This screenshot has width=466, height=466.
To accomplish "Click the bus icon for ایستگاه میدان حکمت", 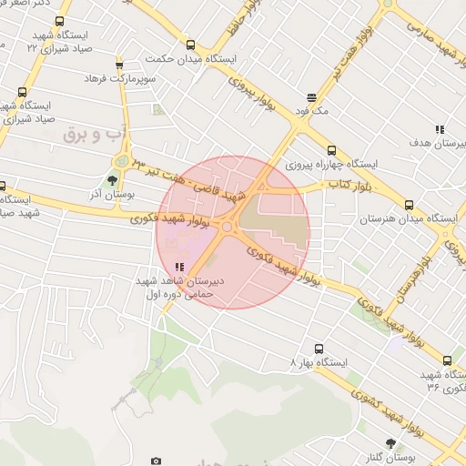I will tap(190, 45).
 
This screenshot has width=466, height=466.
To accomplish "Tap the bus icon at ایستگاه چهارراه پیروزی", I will tap(330, 151).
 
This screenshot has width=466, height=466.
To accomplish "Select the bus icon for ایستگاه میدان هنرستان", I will tap(409, 206).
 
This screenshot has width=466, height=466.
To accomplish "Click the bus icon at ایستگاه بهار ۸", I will tap(319, 348).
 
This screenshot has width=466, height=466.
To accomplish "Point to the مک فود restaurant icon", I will tap(312, 97).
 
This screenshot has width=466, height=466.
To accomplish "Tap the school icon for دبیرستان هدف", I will tap(440, 129).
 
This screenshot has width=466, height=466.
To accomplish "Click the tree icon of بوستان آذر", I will tap(111, 181).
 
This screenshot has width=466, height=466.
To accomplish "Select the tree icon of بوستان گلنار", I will tap(391, 443).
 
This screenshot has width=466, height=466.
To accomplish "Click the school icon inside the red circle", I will tap(179, 268).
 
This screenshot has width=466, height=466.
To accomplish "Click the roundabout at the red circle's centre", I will tap(226, 226).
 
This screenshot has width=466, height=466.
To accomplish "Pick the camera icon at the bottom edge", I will tap(156, 461).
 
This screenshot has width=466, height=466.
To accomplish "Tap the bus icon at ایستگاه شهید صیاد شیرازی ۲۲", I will tap(60, 22).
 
